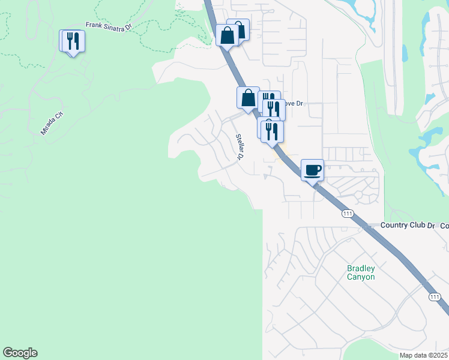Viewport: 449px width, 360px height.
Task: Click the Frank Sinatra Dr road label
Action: click(x=108, y=26)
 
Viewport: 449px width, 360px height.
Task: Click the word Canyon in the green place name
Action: click(x=361, y=277)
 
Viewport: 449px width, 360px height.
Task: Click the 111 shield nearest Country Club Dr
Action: click(x=347, y=214)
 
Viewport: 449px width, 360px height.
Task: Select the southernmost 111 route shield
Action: click(x=435, y=297)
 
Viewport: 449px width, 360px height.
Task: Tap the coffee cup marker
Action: click(x=312, y=170)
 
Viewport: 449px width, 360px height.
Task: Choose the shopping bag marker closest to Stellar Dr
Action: click(x=248, y=97)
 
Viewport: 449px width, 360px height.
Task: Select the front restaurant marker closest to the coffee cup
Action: click(x=273, y=131)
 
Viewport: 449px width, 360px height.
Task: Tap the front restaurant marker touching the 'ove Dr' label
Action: click(x=274, y=109)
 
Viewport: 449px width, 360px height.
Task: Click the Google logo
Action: click(x=20, y=353)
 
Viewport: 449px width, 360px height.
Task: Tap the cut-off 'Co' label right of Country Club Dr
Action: click(x=444, y=225)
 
